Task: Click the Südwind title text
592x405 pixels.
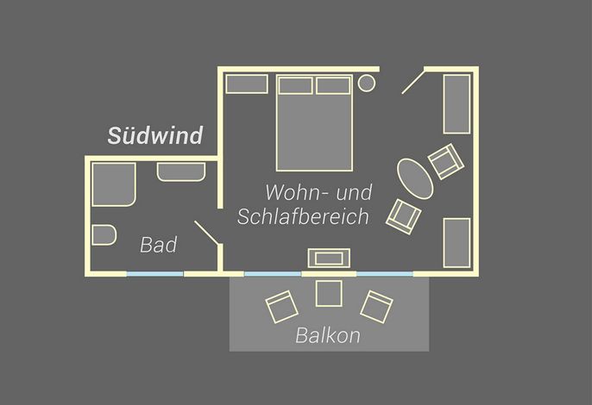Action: (x=155, y=135)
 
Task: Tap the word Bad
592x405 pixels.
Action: (x=159, y=245)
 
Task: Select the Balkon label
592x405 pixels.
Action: (x=328, y=335)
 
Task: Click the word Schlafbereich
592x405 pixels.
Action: (x=303, y=216)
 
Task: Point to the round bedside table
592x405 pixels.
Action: (x=367, y=84)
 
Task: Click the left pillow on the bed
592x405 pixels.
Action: (x=296, y=85)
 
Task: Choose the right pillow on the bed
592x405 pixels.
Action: (x=333, y=85)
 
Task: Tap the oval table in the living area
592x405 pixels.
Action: (x=415, y=178)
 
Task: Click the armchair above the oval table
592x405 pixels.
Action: (x=446, y=161)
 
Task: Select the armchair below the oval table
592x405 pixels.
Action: (x=404, y=216)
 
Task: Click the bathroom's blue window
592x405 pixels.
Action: (x=154, y=274)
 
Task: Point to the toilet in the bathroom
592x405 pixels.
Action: (x=104, y=235)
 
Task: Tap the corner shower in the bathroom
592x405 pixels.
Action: (x=114, y=184)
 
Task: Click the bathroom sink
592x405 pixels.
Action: (x=181, y=172)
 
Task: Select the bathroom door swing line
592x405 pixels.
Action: (x=206, y=233)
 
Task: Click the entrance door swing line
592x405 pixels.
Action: (x=413, y=82)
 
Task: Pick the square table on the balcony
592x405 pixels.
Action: (x=329, y=293)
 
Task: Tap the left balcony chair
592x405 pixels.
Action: (x=282, y=307)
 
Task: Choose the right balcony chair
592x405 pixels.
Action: (x=376, y=307)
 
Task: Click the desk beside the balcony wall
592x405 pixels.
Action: (x=329, y=259)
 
